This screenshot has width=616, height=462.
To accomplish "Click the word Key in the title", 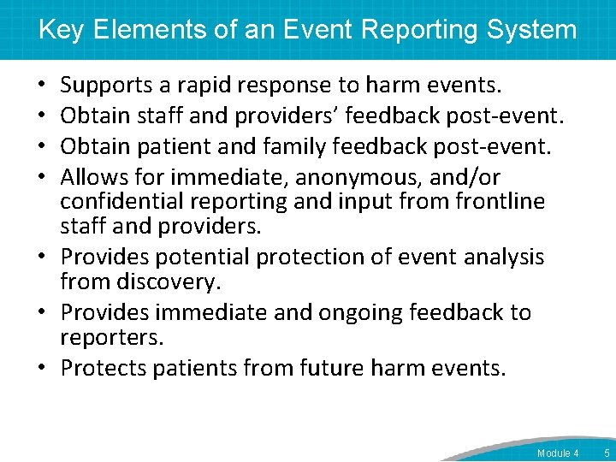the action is click(60, 30).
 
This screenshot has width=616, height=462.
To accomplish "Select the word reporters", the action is click(111, 336).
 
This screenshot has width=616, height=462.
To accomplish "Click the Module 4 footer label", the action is click(558, 453).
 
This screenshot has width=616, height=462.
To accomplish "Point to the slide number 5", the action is click(607, 453).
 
